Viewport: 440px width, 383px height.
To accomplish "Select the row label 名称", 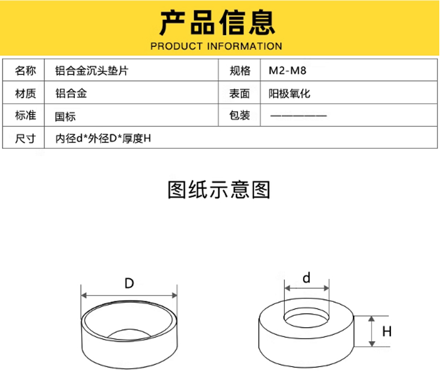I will [x=25, y=71].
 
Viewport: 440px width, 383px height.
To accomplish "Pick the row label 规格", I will [x=240, y=71].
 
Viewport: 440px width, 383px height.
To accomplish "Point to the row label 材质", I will [x=25, y=94].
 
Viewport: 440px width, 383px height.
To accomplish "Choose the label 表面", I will [x=240, y=94].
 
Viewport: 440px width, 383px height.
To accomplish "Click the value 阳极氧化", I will [x=289, y=94].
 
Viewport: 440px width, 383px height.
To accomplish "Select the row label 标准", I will [x=25, y=116].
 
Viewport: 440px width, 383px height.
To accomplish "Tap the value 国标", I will [x=65, y=117].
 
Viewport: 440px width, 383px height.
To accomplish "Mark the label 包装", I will [x=240, y=116].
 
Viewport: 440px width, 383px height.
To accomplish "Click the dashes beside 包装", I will [x=298, y=116].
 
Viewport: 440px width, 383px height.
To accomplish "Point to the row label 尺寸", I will [x=25, y=139].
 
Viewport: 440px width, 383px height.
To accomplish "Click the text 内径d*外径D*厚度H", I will [x=104, y=139].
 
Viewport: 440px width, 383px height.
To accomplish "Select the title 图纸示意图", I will [x=219, y=190].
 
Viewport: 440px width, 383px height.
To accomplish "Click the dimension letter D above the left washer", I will [x=129, y=284].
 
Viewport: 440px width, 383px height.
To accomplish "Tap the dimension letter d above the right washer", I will [x=306, y=278].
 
